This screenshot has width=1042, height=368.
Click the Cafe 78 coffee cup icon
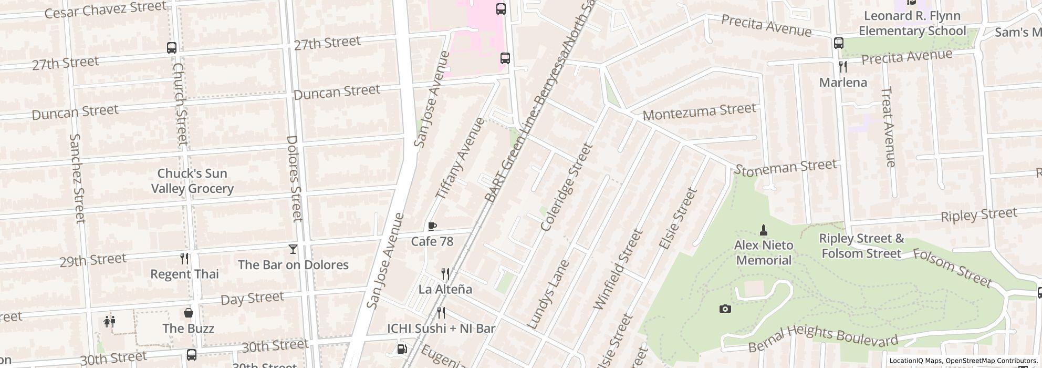[x=432, y=227]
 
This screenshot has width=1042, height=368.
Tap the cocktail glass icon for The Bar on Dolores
[x=293, y=249]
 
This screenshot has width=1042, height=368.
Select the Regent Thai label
[x=184, y=274]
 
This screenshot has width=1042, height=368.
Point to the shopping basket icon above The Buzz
[x=189, y=313]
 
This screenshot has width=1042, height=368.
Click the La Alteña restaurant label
[x=445, y=289]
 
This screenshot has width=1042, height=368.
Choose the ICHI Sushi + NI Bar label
[x=441, y=329]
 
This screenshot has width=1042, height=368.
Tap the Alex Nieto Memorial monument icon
[x=764, y=230]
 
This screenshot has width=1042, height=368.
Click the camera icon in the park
[x=725, y=309]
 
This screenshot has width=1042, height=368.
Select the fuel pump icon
[x=402, y=349]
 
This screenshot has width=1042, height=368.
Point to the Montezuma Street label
[x=699, y=111]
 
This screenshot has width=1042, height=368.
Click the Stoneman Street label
[x=785, y=168]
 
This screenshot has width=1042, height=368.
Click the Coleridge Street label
[x=566, y=187]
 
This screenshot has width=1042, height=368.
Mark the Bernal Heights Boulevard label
[x=822, y=339]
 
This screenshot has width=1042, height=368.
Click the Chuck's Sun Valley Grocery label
[x=192, y=181]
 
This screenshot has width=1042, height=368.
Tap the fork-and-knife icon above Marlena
[x=843, y=67]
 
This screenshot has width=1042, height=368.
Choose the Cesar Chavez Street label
[x=106, y=9]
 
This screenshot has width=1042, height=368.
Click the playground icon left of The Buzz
[x=109, y=322]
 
